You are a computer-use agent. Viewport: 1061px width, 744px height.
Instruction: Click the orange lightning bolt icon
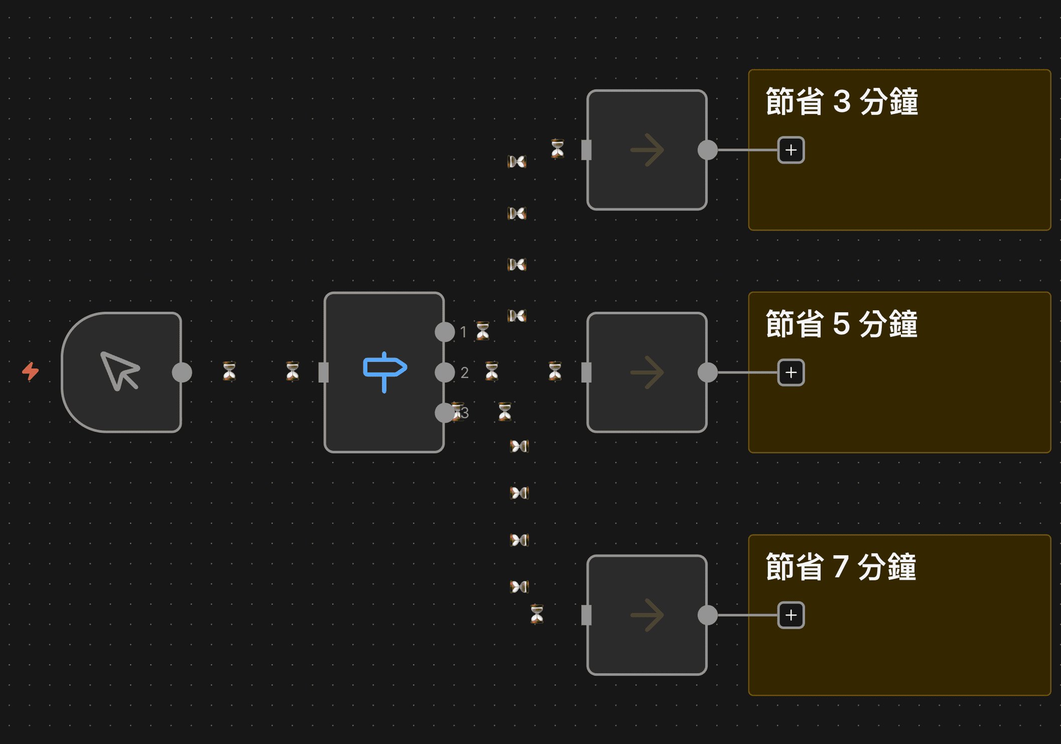31,371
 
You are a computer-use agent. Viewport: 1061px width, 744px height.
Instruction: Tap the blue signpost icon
384,371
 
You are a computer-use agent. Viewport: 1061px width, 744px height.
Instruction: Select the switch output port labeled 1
445,332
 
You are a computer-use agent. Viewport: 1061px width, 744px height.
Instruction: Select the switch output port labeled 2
445,373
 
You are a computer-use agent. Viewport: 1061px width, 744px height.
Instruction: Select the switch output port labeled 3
445,413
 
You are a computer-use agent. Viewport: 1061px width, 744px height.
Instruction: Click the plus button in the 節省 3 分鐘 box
791,150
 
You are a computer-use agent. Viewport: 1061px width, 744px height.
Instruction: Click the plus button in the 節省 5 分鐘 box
791,373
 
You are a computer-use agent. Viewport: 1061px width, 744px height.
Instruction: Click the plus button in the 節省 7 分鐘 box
791,615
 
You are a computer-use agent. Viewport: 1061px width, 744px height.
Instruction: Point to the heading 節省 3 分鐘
842,102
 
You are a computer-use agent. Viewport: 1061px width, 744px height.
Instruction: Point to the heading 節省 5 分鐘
842,324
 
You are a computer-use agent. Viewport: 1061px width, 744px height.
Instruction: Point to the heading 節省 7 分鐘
841,567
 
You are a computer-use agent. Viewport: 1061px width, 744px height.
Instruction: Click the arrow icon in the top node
647,150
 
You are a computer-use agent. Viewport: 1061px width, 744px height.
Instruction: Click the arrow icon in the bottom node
647,615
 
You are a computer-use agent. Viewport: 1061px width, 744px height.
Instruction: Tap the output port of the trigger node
182,373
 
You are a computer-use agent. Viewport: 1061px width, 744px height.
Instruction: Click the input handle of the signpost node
324,373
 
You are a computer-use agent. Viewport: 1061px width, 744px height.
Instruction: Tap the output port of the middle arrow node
708,373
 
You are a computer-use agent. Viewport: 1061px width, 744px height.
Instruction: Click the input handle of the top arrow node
586,150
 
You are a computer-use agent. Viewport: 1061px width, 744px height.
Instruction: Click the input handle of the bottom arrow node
586,615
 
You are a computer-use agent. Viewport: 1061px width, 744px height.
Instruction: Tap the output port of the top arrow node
708,150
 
